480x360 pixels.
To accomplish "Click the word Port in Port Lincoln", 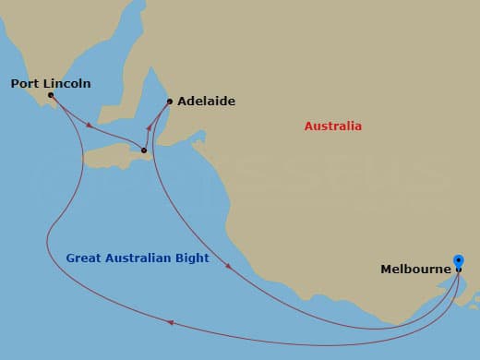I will pos(25,83).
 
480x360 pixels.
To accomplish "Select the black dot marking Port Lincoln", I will pos(50,94).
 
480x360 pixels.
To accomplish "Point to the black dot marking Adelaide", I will pos(170,102).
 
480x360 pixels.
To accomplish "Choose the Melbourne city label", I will pos(415,270).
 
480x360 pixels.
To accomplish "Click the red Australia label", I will pos(333,126).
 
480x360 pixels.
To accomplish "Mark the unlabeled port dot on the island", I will pos(144,150).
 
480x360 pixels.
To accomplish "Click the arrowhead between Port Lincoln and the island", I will pos(89,126).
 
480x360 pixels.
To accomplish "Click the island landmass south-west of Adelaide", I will pos(115,153).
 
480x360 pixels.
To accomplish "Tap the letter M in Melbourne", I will pos(387,270).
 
